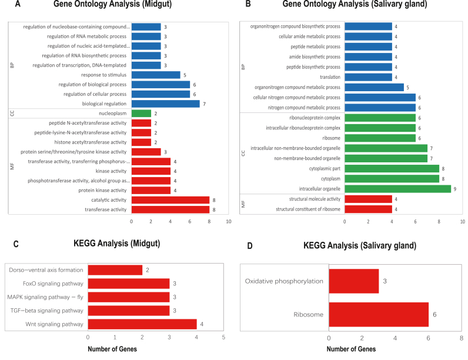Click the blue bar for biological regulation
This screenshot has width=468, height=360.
coord(165,104)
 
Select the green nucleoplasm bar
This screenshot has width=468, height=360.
coord(141,114)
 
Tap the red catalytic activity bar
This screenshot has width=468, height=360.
coord(170,199)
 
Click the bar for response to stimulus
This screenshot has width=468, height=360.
coord(156,75)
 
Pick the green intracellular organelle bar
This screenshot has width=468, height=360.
coord(397,189)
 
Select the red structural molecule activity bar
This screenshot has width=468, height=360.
coord(367,199)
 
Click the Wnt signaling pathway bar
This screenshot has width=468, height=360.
coord(142,324)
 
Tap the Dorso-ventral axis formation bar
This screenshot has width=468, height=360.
coord(115,270)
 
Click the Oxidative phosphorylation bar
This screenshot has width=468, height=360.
coord(353,281)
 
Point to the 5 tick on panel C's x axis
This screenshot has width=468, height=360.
coord(223,337)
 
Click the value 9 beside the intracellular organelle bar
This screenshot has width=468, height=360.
coord(455,189)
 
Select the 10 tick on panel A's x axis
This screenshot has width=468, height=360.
coord(228,221)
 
